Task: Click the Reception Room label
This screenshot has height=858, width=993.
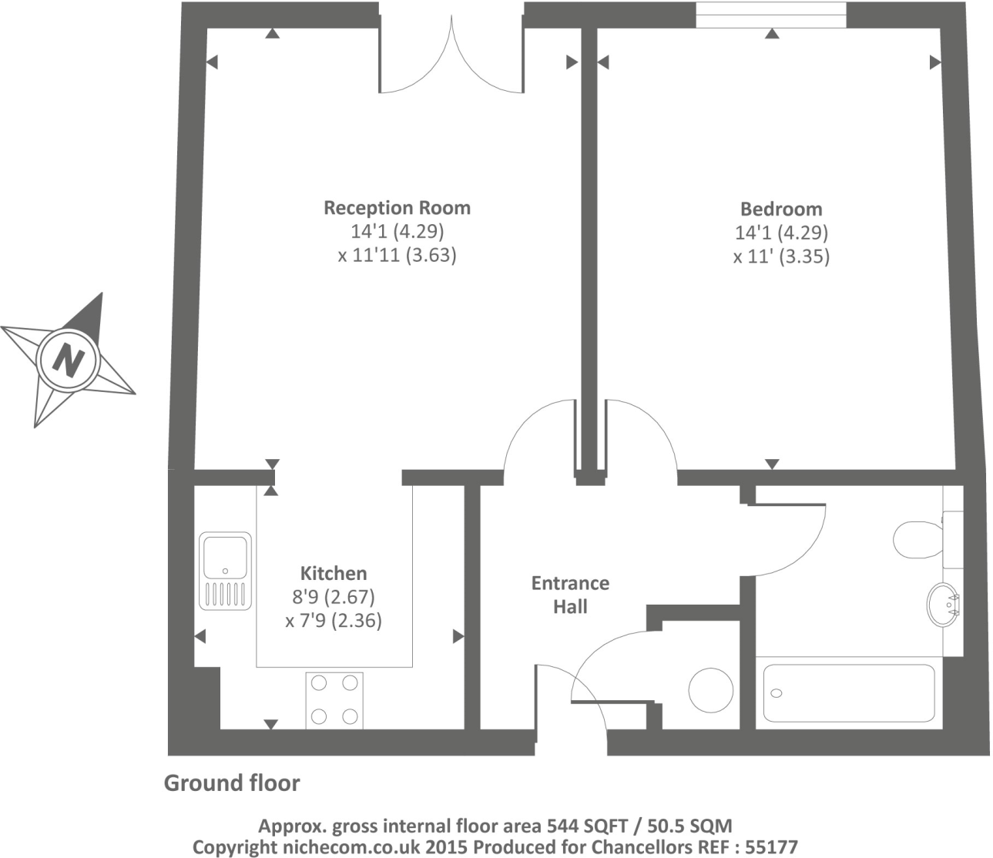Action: pyautogui.click(x=397, y=207)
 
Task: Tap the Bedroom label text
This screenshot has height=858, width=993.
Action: pyautogui.click(x=780, y=209)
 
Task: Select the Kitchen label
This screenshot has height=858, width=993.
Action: pyautogui.click(x=333, y=573)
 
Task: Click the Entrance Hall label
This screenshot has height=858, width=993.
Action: pyautogui.click(x=570, y=595)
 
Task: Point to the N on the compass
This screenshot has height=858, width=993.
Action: pyautogui.click(x=69, y=359)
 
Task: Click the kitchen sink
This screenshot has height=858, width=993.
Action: pyautogui.click(x=226, y=570)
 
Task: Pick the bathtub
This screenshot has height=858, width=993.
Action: pyautogui.click(x=848, y=692)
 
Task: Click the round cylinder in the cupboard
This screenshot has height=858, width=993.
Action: pyautogui.click(x=710, y=690)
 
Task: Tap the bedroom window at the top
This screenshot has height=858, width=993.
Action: pyautogui.click(x=770, y=15)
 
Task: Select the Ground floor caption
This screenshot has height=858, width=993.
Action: pyautogui.click(x=232, y=783)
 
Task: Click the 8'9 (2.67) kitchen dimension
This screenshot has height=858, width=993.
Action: pyautogui.click(x=333, y=597)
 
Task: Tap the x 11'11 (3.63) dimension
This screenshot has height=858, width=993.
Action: pyautogui.click(x=397, y=255)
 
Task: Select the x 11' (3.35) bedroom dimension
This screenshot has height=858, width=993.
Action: pyautogui.click(x=780, y=256)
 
